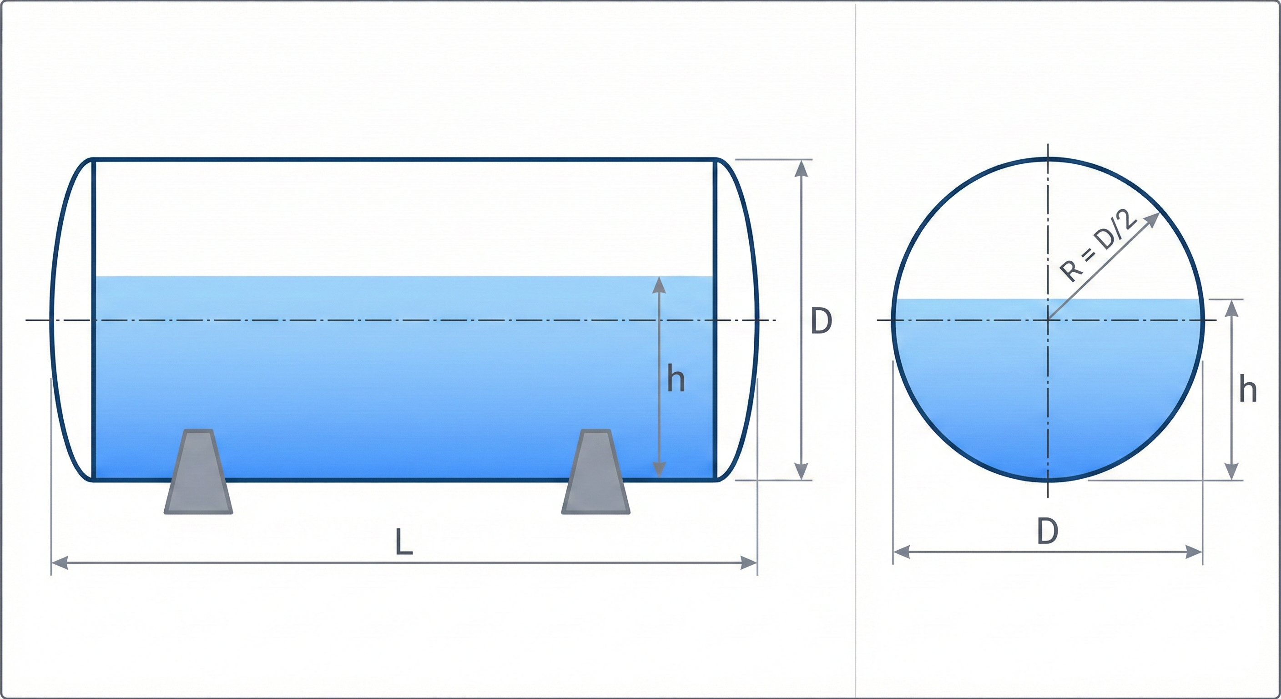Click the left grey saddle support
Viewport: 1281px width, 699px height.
click(198, 473)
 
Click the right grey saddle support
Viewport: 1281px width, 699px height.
click(595, 473)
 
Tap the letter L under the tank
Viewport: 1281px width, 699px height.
click(403, 542)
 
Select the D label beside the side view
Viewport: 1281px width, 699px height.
click(821, 321)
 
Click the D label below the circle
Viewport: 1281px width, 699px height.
click(1047, 532)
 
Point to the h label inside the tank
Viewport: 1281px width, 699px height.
click(676, 379)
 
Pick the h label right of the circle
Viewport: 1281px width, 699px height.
click(1248, 390)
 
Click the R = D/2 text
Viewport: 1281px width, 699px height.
click(1098, 246)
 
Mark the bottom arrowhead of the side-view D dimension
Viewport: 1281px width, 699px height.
click(801, 471)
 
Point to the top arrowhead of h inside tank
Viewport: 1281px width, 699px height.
click(659, 284)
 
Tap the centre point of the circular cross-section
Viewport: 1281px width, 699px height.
click(1048, 320)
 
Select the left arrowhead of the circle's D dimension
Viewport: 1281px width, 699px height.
click(902, 552)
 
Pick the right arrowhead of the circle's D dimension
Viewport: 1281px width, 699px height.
click(1194, 552)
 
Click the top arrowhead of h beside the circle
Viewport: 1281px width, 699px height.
click(1231, 309)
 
